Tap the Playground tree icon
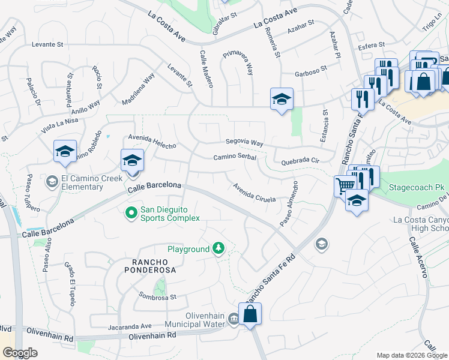coord(219,248)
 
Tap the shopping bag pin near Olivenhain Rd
coord(251,313)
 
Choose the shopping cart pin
coord(345,185)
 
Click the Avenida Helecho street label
coord(151,142)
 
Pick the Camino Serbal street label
coord(235,157)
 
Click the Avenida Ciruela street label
coord(254,192)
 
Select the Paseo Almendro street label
coord(288,203)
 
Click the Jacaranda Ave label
coord(130,326)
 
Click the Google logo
coord(19,353)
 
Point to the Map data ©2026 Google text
coord(412,355)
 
